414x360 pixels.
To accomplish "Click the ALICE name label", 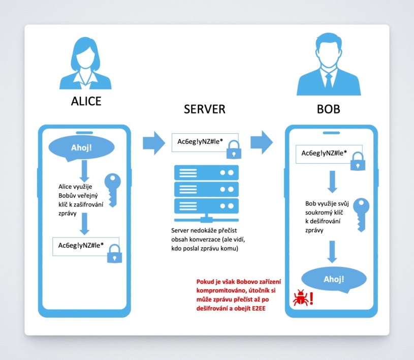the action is point(86,101).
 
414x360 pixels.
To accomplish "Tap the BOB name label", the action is point(329,109).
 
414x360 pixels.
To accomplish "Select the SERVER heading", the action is point(205,109).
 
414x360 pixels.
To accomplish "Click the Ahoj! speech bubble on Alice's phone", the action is point(81,147).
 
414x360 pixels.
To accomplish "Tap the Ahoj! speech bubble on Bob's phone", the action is point(334,279).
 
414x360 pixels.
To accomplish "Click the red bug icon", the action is point(300,298).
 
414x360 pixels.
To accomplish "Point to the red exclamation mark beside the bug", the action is point(311,298).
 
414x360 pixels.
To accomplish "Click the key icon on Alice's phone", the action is point(113,190).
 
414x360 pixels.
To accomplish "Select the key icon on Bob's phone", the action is point(361,215).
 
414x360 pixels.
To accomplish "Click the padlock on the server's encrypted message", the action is point(234,149).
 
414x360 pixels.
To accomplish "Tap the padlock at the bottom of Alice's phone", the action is point(115,254).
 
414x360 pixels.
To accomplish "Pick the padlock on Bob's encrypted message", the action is point(358,161).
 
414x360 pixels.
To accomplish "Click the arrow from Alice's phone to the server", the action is point(154,143).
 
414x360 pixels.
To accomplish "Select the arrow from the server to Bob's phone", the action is point(262,142).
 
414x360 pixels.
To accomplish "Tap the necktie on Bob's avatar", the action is point(329,80).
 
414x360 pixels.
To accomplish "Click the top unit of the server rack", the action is point(206,172).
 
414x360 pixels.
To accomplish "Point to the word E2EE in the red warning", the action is point(259,309).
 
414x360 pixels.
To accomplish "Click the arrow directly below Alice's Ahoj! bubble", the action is point(84,171).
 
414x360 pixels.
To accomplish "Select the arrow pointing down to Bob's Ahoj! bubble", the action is point(332,252).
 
